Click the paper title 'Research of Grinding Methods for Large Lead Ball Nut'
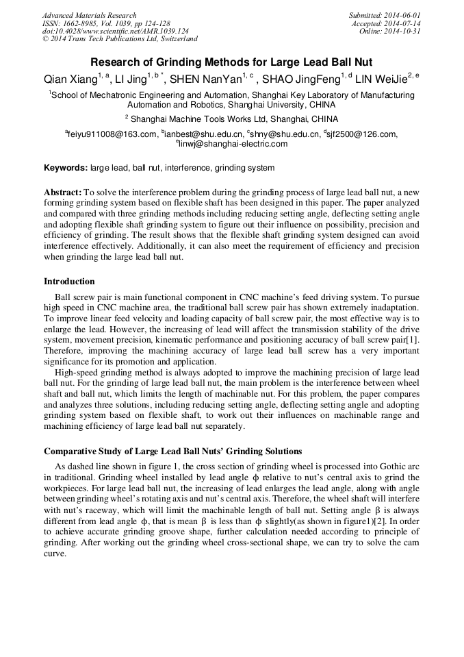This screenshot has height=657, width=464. point(232,61)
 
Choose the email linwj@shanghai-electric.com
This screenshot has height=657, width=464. point(234,145)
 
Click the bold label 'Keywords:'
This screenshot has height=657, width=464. point(66,168)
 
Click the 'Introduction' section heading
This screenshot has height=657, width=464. point(69,282)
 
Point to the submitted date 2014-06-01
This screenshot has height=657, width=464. point(402,15)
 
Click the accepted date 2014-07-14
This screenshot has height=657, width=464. point(402,23)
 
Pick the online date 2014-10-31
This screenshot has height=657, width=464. point(402,32)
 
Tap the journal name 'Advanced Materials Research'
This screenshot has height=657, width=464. point(89,15)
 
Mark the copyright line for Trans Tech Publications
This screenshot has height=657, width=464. point(120,40)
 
